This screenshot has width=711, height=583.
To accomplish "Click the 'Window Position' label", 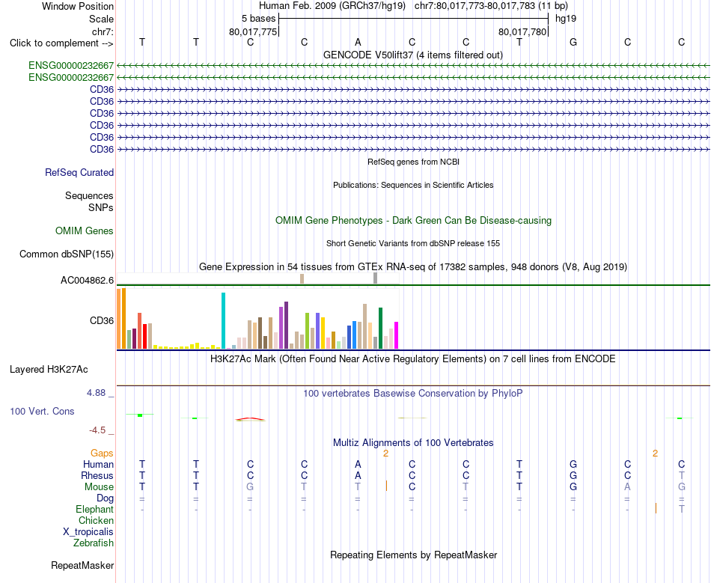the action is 78,6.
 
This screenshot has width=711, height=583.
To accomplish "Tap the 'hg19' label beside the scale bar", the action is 566,19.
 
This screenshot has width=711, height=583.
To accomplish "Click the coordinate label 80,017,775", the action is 252,31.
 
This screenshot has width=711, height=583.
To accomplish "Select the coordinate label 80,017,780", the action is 522,31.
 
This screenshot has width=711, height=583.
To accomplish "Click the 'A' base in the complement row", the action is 358,42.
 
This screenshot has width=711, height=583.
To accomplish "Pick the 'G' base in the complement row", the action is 573,42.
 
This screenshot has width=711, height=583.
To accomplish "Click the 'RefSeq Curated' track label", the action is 79,172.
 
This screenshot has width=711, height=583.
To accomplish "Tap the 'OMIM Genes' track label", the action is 85,231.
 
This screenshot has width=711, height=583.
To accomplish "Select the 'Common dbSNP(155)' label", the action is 67,254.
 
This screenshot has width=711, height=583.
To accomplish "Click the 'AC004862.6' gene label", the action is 87,280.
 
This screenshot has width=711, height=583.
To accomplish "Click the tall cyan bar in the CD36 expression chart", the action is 223,320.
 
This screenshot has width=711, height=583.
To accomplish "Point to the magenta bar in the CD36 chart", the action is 397,335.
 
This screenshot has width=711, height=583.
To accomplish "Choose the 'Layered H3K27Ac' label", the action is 49,370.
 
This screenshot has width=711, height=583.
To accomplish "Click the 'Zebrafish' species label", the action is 94,543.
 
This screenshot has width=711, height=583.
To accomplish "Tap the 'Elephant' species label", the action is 95,509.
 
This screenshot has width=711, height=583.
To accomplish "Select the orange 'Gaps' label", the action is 102,453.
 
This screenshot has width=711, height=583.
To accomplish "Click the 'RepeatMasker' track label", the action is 82,565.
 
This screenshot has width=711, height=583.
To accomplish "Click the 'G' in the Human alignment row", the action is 573,464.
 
